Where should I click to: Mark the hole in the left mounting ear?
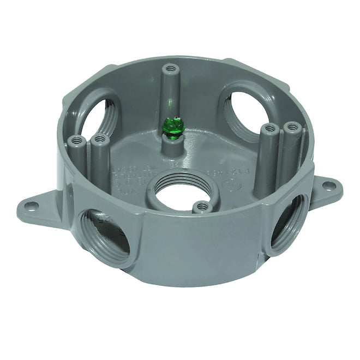pos(32,206)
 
